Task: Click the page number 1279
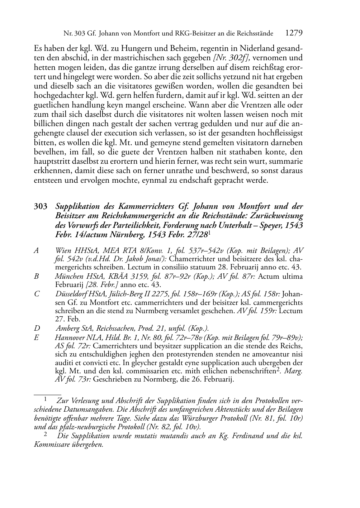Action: tap(294, 33)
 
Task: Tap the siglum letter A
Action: tap(36, 251)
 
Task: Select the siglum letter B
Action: tap(36, 277)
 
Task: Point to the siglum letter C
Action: tap(36, 294)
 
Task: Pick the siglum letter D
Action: tap(36, 328)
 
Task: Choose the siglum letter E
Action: tap(36, 337)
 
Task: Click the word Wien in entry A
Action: tap(63, 251)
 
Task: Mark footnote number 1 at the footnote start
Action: tap(46, 399)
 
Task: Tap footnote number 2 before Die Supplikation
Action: tap(46, 435)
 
